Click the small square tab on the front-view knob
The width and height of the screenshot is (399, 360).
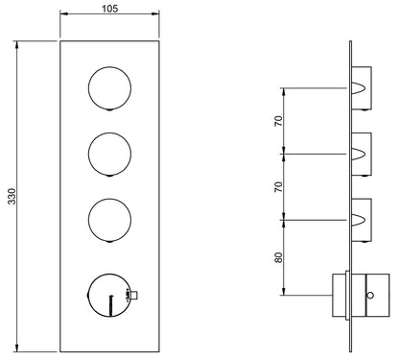coord(135,296)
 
